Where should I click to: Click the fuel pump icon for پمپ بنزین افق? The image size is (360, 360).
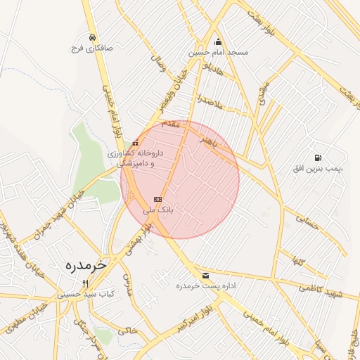point(319,157)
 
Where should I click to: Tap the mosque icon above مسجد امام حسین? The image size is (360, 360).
point(218,41)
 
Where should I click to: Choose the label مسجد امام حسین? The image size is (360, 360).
point(219,53)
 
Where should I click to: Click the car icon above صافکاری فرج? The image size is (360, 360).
point(92,37)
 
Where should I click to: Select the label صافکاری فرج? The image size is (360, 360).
point(92,49)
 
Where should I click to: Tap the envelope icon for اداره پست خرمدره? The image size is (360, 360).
point(205,275)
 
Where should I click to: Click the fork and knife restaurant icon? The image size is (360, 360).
point(85,283)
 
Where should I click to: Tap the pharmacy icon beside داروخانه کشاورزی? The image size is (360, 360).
point(135,143)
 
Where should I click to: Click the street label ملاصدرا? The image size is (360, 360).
point(210,101)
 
